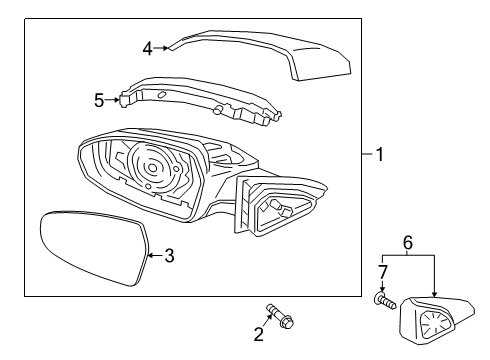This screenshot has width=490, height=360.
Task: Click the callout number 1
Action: click(x=380, y=154)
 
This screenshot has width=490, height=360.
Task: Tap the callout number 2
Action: click(x=259, y=334)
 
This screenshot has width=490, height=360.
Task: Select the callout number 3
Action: click(x=169, y=256)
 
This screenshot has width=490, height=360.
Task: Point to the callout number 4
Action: click(x=148, y=49)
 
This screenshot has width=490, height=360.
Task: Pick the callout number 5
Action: click(x=99, y=100)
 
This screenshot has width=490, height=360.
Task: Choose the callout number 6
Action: click(x=408, y=242)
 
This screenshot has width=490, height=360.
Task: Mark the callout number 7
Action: click(x=383, y=272)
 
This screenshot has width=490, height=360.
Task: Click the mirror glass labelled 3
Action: click(x=95, y=247)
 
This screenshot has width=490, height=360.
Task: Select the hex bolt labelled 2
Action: click(x=280, y=315)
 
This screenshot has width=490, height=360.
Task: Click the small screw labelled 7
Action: click(x=385, y=300)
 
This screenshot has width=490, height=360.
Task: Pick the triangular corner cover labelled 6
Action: click(x=437, y=321)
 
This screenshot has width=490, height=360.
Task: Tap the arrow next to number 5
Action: click(x=112, y=99)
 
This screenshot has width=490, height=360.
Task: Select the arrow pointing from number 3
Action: click(x=155, y=256)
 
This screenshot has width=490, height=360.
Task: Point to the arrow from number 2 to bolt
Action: click(x=267, y=320)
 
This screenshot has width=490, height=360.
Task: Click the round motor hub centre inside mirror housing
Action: click(x=152, y=168)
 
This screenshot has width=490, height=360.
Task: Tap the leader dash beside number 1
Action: click(x=368, y=154)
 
